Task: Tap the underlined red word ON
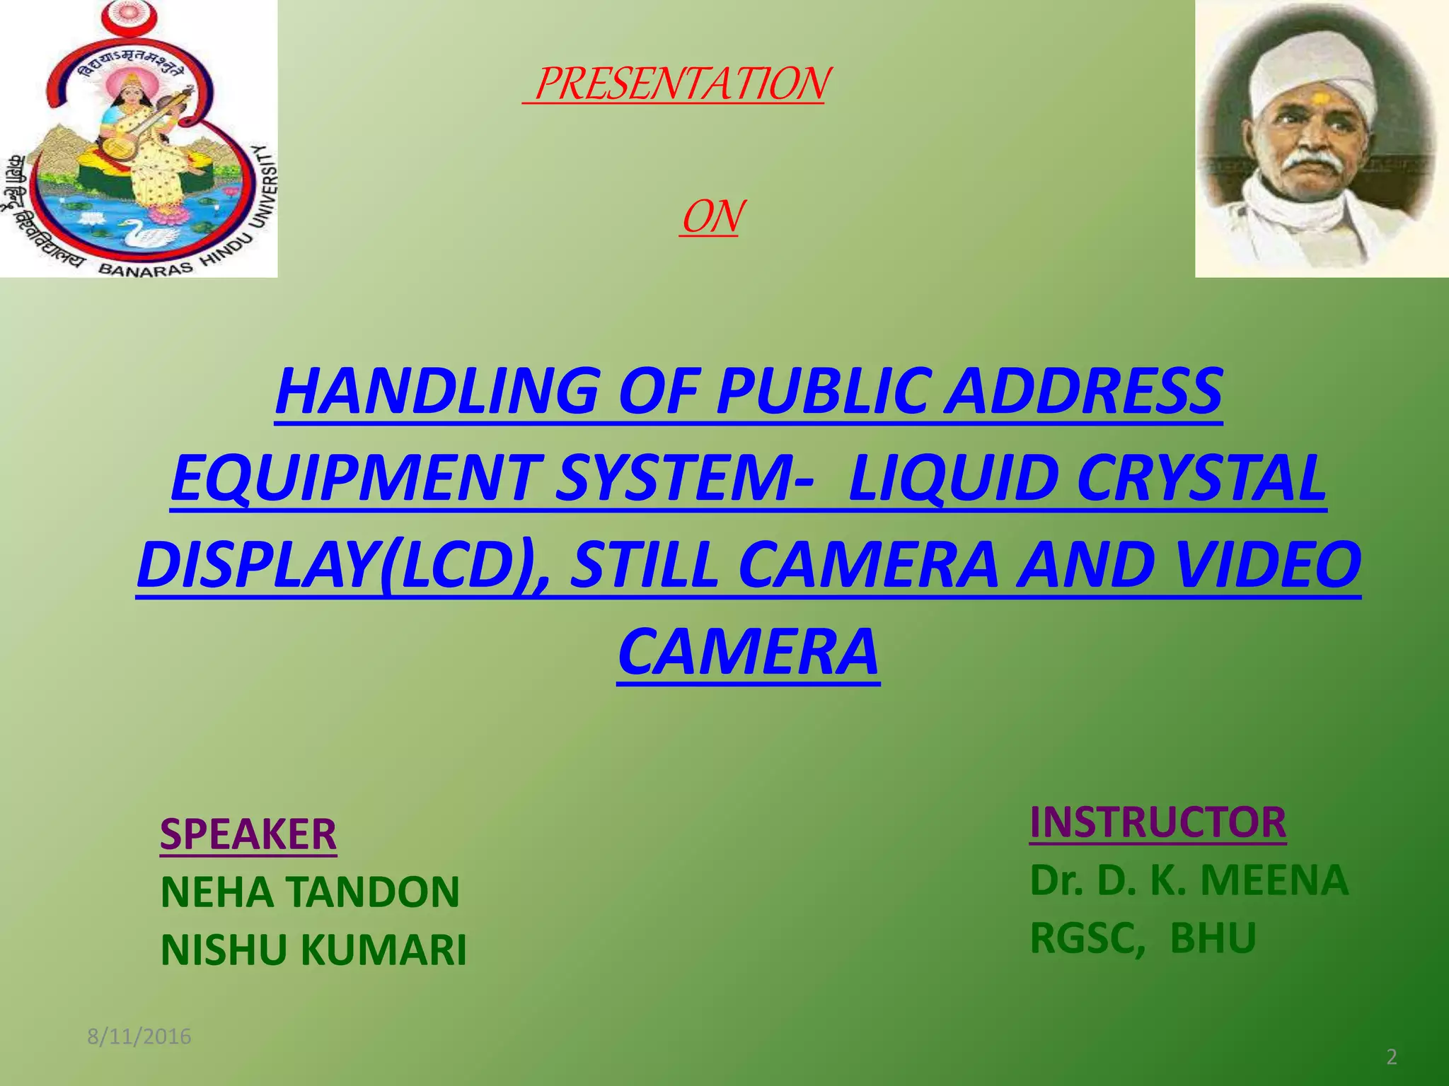coord(711,217)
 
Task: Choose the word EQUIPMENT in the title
coord(354,479)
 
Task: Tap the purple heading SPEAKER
coord(248,834)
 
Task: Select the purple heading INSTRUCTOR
coord(1158,822)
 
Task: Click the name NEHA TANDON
coord(310,892)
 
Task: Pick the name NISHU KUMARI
coord(313,950)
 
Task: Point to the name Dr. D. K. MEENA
coord(1189,880)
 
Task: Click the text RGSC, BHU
coord(1143,938)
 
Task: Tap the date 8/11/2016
coord(139,1037)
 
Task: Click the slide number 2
coord(1391,1057)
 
